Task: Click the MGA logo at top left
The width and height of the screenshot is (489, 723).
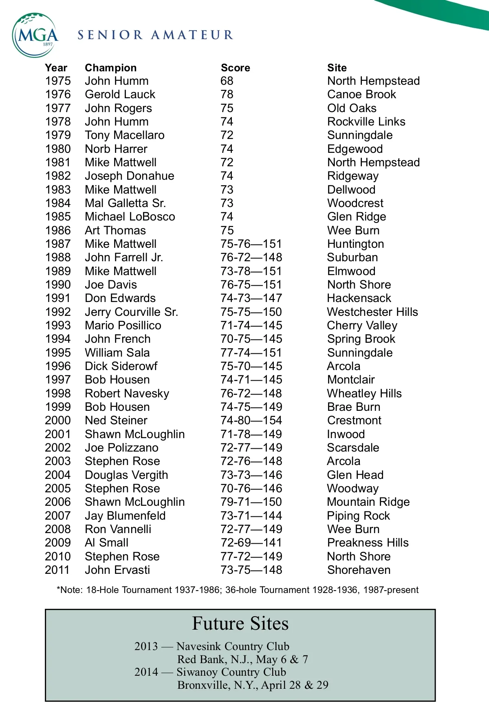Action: pyautogui.click(x=35, y=35)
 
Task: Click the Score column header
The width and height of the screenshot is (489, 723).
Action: pyautogui.click(x=235, y=68)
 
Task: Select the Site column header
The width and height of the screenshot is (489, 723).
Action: pyautogui.click(x=337, y=68)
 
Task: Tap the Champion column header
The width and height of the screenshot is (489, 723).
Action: pyautogui.click(x=110, y=68)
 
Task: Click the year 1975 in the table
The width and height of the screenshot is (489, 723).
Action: pyautogui.click(x=58, y=81)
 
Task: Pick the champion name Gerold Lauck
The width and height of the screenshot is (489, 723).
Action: pyautogui.click(x=120, y=95)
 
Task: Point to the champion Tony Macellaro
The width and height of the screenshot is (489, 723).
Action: pyautogui.click(x=125, y=135)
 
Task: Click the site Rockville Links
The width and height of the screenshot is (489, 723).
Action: pyautogui.click(x=366, y=122)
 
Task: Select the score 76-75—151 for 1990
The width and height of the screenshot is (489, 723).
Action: pyautogui.click(x=251, y=285)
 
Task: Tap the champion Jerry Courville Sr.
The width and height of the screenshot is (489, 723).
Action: pyautogui.click(x=131, y=312)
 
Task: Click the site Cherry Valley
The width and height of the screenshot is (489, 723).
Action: pyautogui.click(x=362, y=326)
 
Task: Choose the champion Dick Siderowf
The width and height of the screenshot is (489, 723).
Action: pyautogui.click(x=121, y=366)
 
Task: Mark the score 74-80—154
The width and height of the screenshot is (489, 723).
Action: pyautogui.click(x=251, y=421)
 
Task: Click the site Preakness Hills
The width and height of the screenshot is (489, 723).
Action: pyautogui.click(x=368, y=543)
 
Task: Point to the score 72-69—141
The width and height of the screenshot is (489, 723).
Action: pyautogui.click(x=251, y=543)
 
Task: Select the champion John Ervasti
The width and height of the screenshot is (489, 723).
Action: pyautogui.click(x=117, y=570)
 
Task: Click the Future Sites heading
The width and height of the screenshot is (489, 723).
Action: pyautogui.click(x=240, y=624)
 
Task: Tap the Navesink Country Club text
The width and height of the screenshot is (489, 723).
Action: pyautogui.click(x=233, y=646)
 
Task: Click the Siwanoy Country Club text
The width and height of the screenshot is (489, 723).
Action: pyautogui.click(x=231, y=672)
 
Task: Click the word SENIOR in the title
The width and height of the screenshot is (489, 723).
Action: pyautogui.click(x=110, y=35)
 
